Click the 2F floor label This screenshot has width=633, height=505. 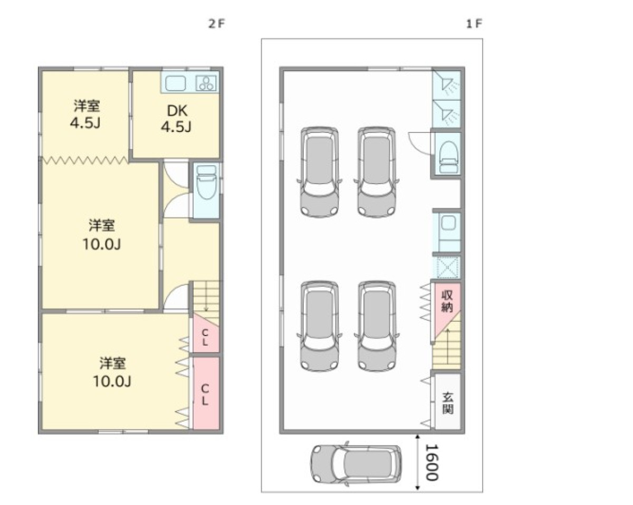tap(216, 24)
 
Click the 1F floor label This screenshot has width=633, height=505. tap(474, 24)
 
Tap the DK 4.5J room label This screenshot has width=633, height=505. tap(177, 119)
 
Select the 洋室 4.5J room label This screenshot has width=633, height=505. tap(86, 114)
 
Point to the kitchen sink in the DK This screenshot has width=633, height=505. tap(175, 83)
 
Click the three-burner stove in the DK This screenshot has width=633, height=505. tap(206, 83)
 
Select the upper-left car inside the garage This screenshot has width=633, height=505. tap(320, 172)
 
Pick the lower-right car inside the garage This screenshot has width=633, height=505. tap(377, 326)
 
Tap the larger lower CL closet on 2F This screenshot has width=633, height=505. tap(206, 393)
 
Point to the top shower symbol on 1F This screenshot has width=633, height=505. tap(447, 85)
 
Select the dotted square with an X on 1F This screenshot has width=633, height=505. tap(448, 267)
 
